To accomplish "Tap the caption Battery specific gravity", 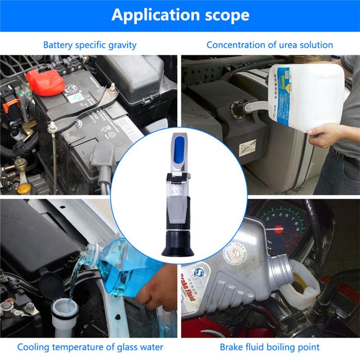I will point(90,45).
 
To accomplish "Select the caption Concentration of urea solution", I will point(269,45).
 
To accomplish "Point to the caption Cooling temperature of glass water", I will point(90,347).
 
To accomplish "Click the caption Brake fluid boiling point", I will point(269,347).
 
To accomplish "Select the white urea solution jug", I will point(306,97).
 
